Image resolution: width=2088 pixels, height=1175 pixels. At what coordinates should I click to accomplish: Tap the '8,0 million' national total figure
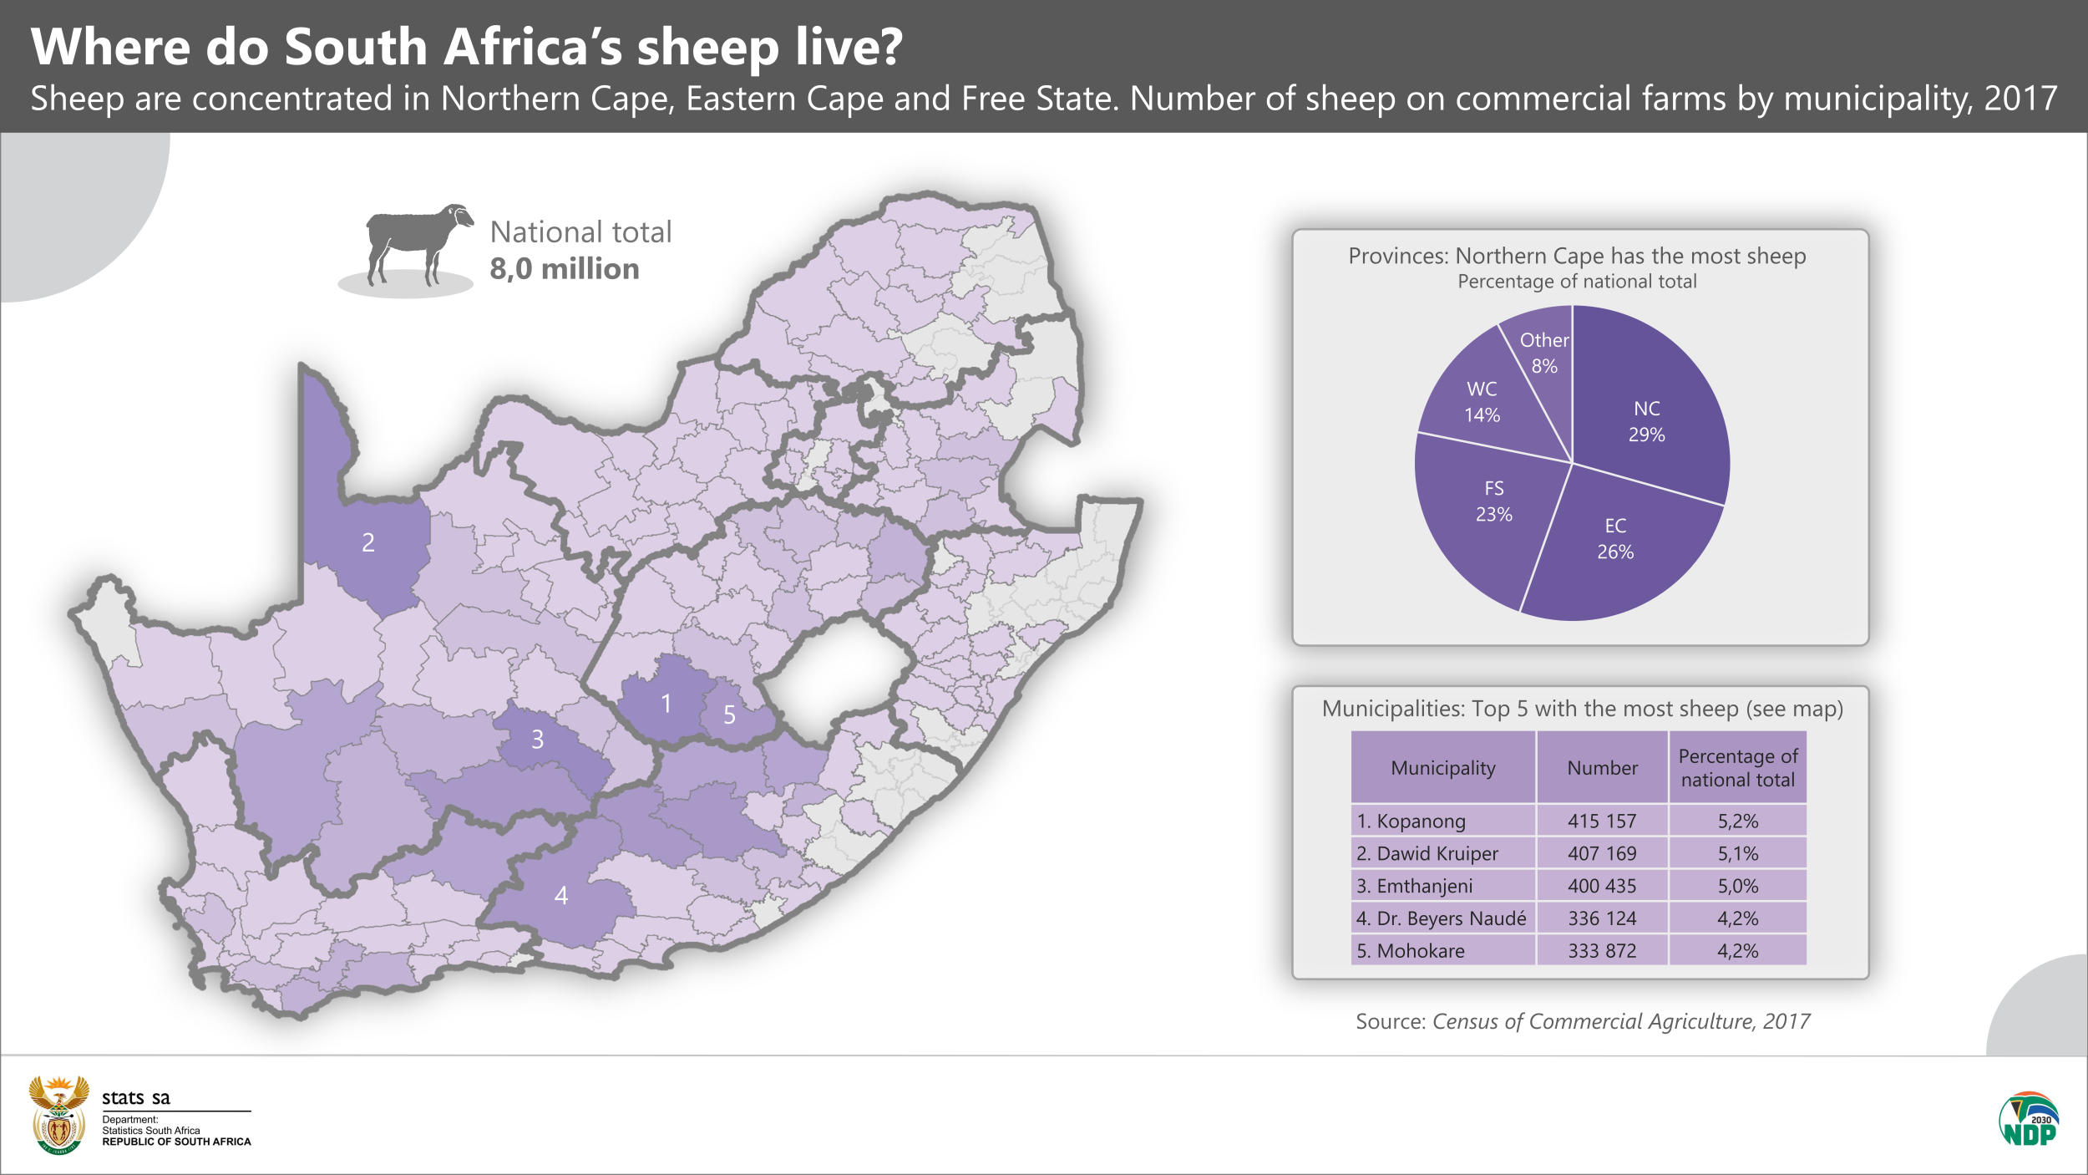point(564,269)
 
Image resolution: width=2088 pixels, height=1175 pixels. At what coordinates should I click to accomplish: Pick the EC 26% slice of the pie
point(1615,539)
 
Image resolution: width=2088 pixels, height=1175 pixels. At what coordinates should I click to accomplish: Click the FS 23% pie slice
point(1493,501)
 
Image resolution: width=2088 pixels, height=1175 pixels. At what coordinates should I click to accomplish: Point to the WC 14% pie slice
point(1482,401)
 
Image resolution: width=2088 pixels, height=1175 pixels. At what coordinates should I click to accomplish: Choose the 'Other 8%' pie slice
point(1543,352)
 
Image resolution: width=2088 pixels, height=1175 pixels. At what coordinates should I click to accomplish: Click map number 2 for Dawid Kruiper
point(368,543)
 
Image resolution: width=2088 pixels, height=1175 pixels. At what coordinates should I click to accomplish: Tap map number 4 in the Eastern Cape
point(561,896)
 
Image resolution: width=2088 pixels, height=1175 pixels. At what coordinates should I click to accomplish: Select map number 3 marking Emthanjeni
point(538,740)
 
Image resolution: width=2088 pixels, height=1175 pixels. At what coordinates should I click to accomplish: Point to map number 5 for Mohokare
point(729,715)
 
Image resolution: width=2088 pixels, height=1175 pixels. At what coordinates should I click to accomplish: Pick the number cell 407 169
point(1601,853)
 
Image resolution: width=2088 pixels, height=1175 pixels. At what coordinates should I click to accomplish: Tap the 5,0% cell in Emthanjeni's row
point(1737,886)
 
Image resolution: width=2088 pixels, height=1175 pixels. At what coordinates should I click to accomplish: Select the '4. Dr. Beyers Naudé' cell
point(1442,918)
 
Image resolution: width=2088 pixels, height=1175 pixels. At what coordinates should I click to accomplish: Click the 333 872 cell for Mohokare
point(1601,951)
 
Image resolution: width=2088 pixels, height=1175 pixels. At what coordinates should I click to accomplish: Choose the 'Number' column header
point(1601,768)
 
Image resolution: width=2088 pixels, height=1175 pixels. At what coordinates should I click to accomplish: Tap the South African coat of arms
point(58,1115)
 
